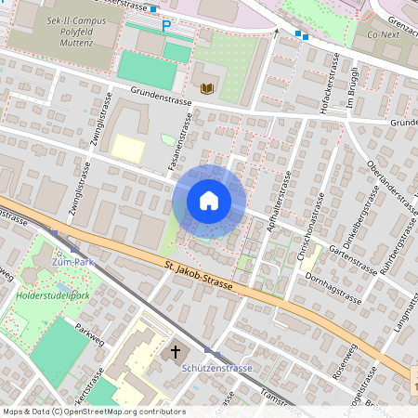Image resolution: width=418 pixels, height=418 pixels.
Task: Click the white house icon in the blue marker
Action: (x=209, y=201)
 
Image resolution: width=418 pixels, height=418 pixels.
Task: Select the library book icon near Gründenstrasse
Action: (x=207, y=89)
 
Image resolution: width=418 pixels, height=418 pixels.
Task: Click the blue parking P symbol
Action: (x=166, y=26)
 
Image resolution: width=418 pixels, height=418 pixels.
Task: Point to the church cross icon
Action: (x=172, y=353)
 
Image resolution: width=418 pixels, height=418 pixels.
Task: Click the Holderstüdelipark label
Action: (x=52, y=296)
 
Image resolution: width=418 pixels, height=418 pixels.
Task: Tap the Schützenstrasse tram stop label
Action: (x=216, y=368)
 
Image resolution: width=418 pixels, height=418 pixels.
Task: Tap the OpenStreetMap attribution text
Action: (x=93, y=411)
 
